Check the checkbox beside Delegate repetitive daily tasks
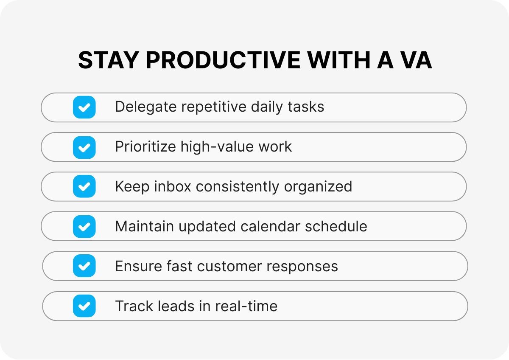84,107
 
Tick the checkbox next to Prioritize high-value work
84,147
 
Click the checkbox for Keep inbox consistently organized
84,186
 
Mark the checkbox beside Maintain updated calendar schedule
84,226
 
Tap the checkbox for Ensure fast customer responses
84,266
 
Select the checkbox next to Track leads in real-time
84,306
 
